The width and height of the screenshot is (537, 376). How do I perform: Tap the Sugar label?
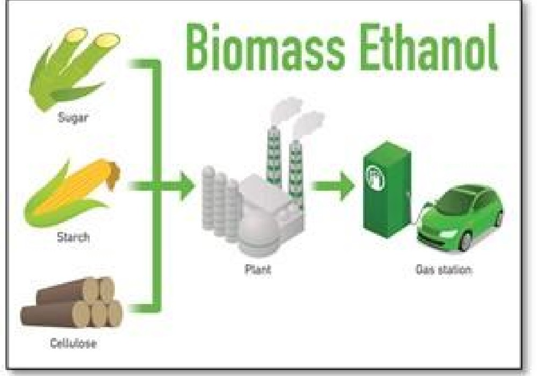pos(73,118)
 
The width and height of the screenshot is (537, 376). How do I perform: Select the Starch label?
pos(73,237)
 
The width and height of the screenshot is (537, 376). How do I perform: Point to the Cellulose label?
pos(73,343)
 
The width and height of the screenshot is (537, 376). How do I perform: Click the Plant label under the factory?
pos(258,269)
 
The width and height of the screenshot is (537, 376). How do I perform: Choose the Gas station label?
pos(444,270)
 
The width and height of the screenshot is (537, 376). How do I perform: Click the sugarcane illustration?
pos(74,69)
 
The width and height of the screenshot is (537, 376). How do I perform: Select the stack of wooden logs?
pos(71,302)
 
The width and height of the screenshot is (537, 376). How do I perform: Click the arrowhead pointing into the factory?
pos(187,186)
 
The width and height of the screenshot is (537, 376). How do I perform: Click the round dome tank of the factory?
pos(255,233)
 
